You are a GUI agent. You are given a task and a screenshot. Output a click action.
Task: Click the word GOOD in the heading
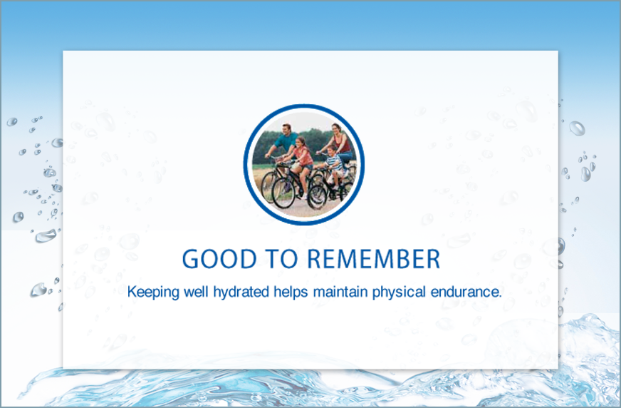coord(219,259)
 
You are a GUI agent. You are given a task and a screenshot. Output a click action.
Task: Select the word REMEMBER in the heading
coord(373,259)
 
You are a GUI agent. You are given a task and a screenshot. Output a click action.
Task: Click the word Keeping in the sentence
coord(153,292)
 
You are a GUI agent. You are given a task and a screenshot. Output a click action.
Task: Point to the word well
coord(196,292)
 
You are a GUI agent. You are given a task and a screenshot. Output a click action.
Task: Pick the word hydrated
coord(241,292)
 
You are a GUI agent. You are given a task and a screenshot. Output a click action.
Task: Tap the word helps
coord(291,292)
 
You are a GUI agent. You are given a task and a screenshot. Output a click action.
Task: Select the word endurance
coord(466,292)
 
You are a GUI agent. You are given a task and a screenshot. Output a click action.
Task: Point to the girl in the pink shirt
coord(301,163)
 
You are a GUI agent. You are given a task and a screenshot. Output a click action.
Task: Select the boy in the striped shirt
coord(335,165)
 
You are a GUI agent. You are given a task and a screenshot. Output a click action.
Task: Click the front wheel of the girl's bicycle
coord(283,193)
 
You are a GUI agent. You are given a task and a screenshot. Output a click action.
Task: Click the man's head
coord(287,129)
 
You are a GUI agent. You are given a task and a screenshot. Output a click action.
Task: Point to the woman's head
coord(336,128)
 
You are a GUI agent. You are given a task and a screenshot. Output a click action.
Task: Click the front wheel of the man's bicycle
coord(270,186)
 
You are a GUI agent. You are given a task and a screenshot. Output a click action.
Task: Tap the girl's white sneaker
coord(304,196)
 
